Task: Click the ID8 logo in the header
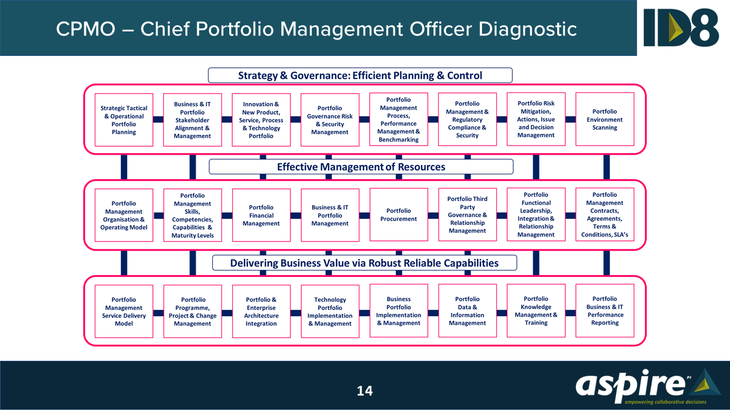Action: pos(682,27)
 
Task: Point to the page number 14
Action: pos(364,390)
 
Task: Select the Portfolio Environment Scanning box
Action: pos(605,120)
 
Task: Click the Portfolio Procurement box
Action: pos(399,215)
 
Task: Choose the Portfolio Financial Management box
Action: pos(261,215)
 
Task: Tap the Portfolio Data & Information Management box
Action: pos(467,311)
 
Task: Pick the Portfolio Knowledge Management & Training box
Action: pos(536,311)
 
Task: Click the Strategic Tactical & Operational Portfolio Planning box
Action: pos(124,120)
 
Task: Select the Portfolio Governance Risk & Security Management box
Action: pos(330,120)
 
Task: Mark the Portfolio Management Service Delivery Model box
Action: pos(124,311)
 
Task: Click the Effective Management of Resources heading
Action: pos(361,167)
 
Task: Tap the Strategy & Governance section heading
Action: pos(360,75)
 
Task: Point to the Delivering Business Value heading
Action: pos(364,263)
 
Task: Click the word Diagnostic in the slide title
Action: pos(528,29)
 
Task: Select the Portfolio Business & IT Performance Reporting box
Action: pos(605,311)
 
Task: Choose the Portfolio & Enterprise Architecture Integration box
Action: pos(261,311)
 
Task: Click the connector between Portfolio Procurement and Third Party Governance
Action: pos(433,215)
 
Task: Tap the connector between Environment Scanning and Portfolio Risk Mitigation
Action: pos(570,119)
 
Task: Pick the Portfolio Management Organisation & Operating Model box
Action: pos(124,215)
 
